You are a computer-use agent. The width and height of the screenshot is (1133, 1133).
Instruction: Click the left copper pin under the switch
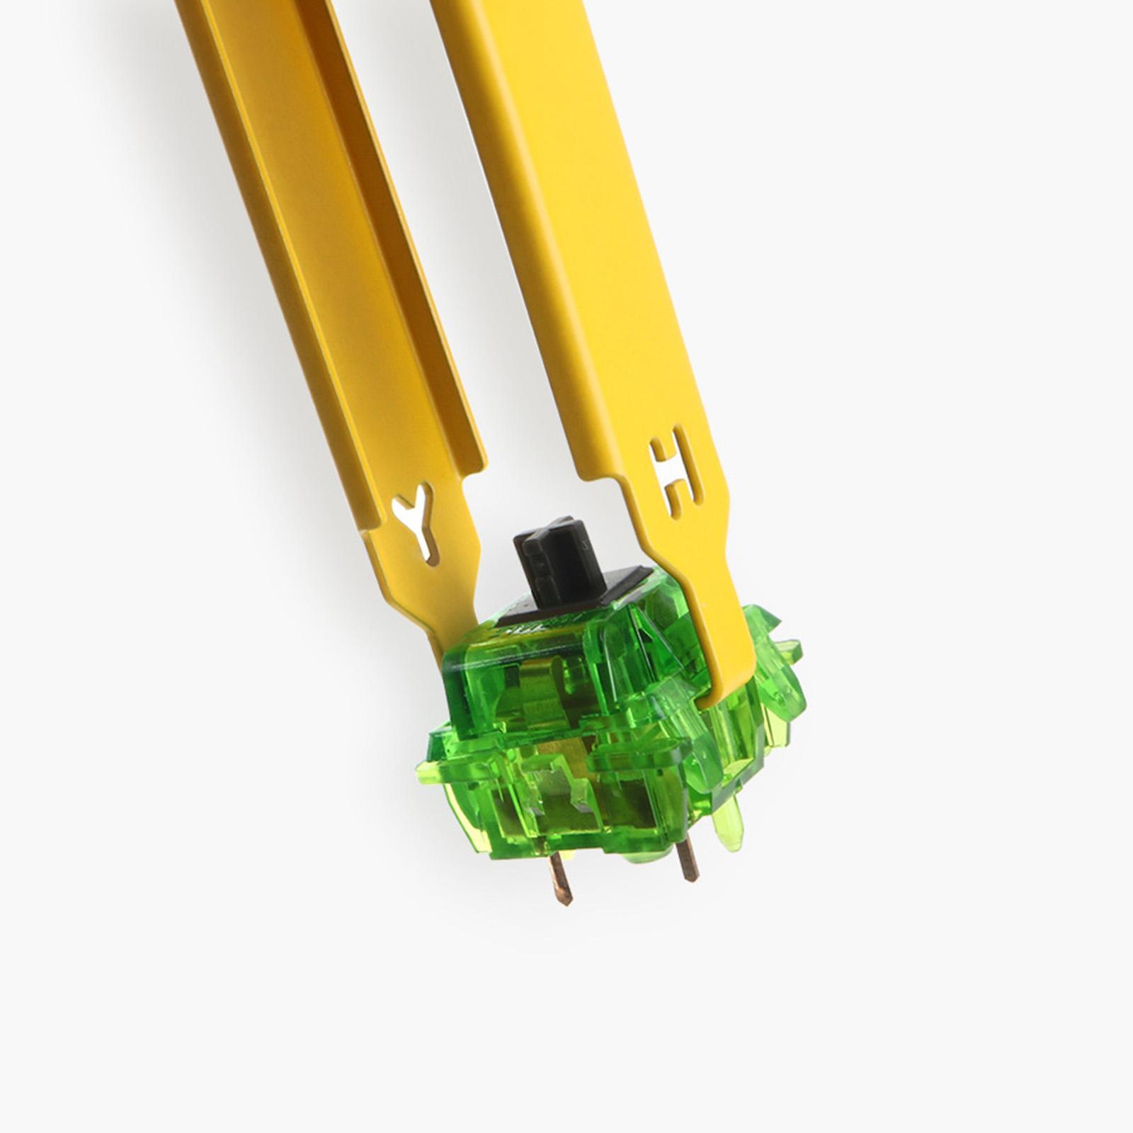[x=562, y=878]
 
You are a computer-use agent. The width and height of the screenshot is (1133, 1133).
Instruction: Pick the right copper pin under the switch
[x=687, y=860]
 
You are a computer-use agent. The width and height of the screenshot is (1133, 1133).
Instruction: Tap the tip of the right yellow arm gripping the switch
[x=715, y=690]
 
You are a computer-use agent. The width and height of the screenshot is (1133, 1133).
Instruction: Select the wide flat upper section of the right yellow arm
[x=559, y=212]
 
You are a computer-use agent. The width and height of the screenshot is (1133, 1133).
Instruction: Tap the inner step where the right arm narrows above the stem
[x=623, y=489]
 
